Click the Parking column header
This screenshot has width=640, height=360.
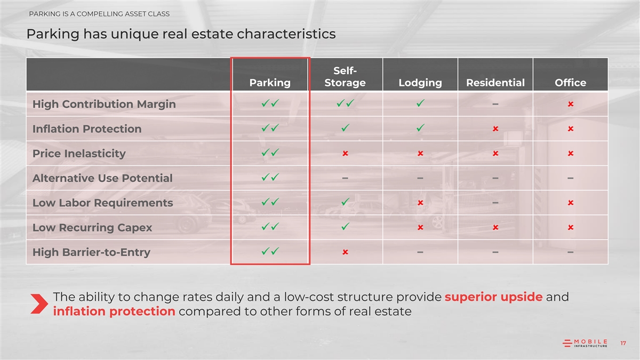coord(270,83)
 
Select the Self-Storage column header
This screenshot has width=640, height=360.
coord(345,77)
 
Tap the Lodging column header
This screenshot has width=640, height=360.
coord(420,83)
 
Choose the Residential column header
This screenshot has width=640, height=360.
coord(495,83)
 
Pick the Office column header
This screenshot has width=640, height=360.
coord(570,83)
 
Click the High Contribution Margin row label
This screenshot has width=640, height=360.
coord(104,104)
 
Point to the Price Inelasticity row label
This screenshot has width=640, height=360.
coord(79,154)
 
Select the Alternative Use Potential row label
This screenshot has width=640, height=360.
coord(102,178)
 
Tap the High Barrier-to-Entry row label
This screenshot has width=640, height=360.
coord(91,252)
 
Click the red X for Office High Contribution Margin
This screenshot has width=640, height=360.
coord(570,104)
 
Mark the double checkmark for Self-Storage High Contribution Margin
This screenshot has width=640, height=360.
coord(345,103)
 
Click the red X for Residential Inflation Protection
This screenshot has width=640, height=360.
coord(495,129)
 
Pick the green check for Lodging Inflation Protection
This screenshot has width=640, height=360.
coord(420,127)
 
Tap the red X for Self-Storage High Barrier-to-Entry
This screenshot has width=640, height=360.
coord(345,252)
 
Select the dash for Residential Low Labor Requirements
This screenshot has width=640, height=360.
coord(495,203)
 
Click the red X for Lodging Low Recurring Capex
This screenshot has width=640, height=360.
coord(420,227)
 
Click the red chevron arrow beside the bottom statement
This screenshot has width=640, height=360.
coord(40,303)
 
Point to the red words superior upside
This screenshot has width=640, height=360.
coord(493,297)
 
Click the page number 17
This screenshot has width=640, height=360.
coord(623,343)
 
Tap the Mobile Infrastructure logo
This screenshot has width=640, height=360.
coord(585,343)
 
